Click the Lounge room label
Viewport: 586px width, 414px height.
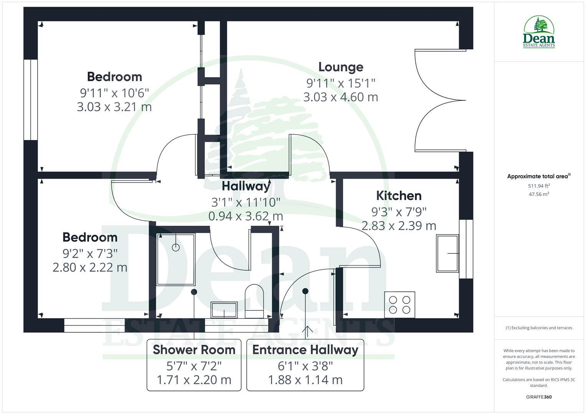click(341, 67)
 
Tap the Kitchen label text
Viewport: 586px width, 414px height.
click(399, 195)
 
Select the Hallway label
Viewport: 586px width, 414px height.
click(246, 186)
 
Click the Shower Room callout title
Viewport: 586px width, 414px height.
click(194, 350)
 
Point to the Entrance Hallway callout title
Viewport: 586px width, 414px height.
click(305, 350)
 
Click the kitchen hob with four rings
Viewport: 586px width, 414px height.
click(399, 305)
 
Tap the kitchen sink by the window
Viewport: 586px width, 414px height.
click(447, 253)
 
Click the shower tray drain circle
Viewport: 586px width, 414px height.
click(176, 247)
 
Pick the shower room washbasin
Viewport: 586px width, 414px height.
click(224, 310)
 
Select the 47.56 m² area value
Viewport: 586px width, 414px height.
click(539, 194)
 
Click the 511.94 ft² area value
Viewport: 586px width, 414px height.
click(539, 186)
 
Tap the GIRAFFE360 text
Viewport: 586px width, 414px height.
click(539, 397)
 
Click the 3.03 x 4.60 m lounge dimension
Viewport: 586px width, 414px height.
click(341, 97)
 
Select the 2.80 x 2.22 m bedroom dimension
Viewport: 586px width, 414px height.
click(90, 267)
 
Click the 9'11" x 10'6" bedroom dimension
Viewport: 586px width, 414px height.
click(114, 92)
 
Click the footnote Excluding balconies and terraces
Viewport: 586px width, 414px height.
click(539, 328)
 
